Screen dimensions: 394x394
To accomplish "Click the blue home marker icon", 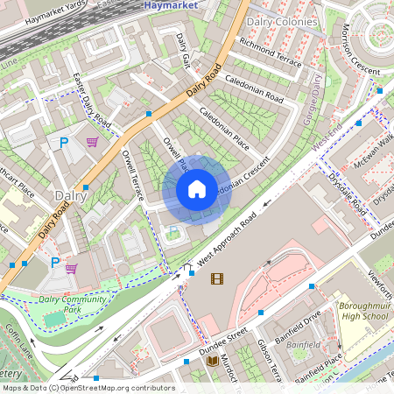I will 197,188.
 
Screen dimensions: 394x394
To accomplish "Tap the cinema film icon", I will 216,279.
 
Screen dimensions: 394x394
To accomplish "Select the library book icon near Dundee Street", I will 212,361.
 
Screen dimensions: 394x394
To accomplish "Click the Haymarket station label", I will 169,5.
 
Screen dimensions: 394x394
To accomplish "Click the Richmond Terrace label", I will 270,51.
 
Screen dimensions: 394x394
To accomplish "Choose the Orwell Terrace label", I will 133,178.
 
